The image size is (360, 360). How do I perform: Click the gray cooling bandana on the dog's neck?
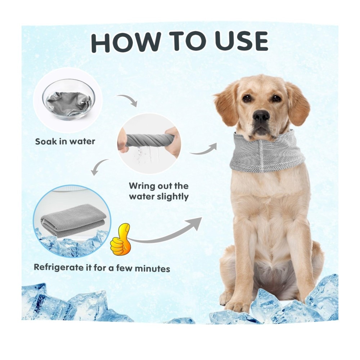[267, 150]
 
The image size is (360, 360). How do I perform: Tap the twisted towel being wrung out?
[149, 140]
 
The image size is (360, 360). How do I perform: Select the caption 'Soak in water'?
[65, 141]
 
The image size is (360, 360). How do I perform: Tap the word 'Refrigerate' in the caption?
[59, 267]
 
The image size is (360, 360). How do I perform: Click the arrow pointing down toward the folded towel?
[98, 167]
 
